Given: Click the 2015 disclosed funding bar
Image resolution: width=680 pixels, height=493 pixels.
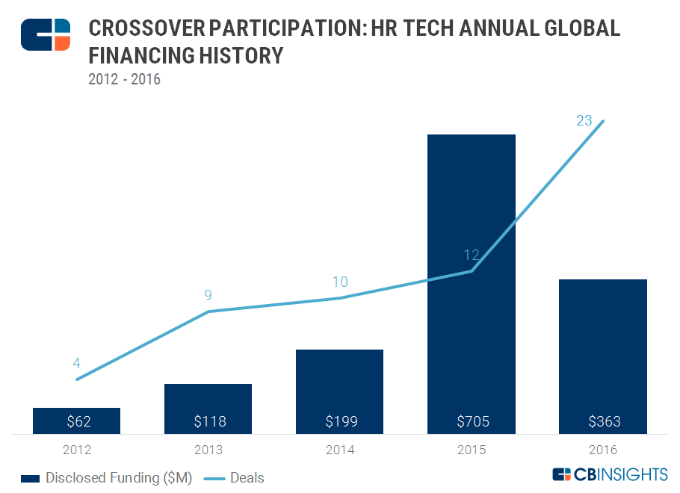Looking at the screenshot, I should [471, 284].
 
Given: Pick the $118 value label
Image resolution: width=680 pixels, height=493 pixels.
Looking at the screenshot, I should [208, 422].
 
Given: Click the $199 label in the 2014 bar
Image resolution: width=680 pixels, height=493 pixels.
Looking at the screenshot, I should [340, 422].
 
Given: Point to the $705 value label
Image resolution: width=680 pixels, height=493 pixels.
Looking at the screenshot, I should [472, 422].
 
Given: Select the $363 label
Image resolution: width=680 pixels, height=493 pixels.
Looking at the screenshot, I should [603, 422].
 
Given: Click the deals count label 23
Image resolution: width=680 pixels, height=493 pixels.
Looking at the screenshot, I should [584, 120].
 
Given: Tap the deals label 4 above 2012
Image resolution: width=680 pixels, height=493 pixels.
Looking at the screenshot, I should [76, 364].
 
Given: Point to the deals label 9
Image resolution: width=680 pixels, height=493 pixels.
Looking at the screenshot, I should [208, 295].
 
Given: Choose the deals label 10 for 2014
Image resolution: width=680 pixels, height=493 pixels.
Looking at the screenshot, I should [339, 282].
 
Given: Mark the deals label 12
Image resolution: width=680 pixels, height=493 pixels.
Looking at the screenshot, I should [471, 255].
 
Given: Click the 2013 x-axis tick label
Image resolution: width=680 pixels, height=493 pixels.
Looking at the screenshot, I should [208, 450].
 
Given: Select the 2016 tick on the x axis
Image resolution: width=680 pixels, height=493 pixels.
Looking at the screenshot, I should [603, 450].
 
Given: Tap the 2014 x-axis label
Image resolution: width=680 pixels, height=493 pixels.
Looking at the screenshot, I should [340, 450].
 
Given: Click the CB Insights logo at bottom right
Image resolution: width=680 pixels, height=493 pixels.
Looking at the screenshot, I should [609, 475].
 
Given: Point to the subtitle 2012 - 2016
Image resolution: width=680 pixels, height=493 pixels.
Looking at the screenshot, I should [124, 79].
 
